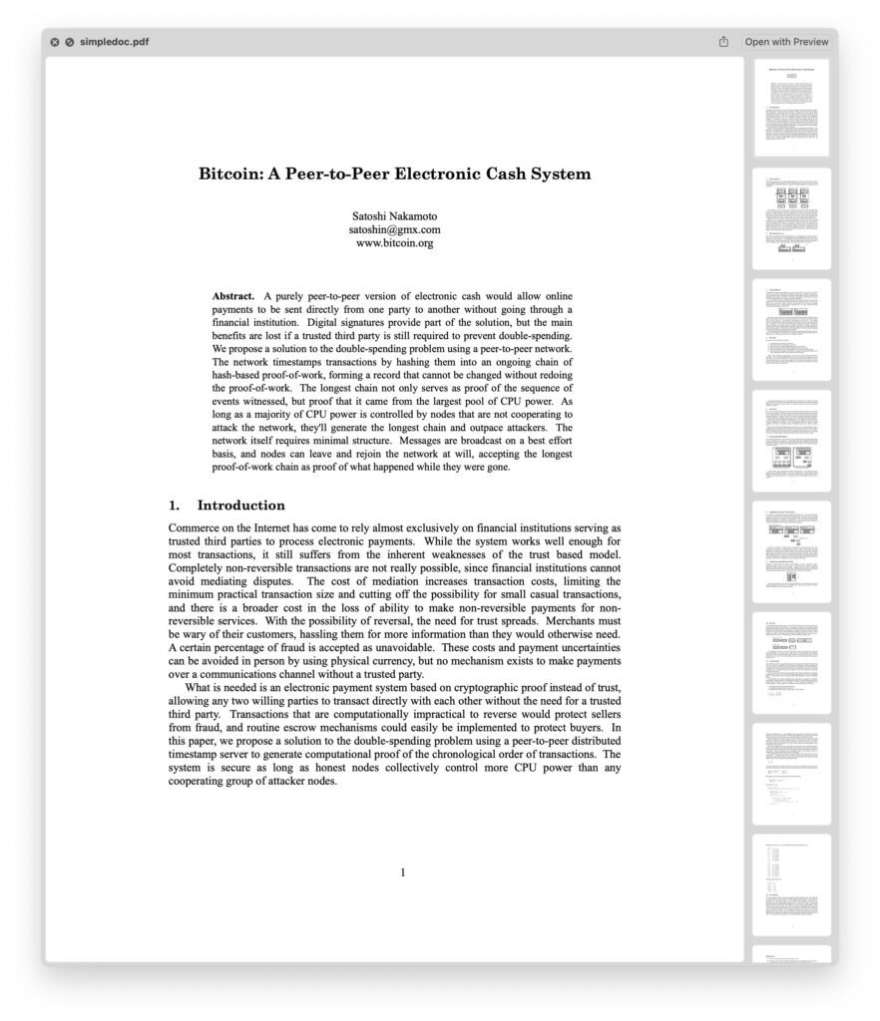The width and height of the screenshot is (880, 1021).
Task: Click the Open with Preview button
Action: tap(786, 42)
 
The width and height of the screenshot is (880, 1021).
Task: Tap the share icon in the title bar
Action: tap(723, 42)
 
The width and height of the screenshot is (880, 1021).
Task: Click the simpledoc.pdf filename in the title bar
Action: tap(115, 42)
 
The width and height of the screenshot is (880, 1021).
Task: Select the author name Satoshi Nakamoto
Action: tap(394, 216)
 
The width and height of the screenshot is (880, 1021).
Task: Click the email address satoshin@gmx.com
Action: tap(394, 229)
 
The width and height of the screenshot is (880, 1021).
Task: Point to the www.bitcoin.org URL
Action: tap(394, 242)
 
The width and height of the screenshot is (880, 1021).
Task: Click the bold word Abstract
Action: tap(233, 296)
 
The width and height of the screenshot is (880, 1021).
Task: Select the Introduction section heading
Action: tap(240, 506)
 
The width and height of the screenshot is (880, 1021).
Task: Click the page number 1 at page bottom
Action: tap(403, 873)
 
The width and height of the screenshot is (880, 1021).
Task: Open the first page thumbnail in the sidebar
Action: tap(792, 108)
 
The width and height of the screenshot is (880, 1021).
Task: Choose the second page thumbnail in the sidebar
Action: tap(792, 218)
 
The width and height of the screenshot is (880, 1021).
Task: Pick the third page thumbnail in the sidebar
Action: tap(792, 329)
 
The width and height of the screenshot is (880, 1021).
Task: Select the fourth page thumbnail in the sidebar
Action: tap(792, 440)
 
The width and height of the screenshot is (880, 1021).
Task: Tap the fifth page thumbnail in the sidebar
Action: tap(792, 551)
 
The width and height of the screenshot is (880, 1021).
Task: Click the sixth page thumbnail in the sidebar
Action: tap(792, 662)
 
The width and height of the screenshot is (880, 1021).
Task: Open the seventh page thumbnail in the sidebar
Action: tap(792, 774)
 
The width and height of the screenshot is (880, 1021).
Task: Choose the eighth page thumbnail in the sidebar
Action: tap(792, 884)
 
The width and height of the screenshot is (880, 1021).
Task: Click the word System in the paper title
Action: tap(560, 174)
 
